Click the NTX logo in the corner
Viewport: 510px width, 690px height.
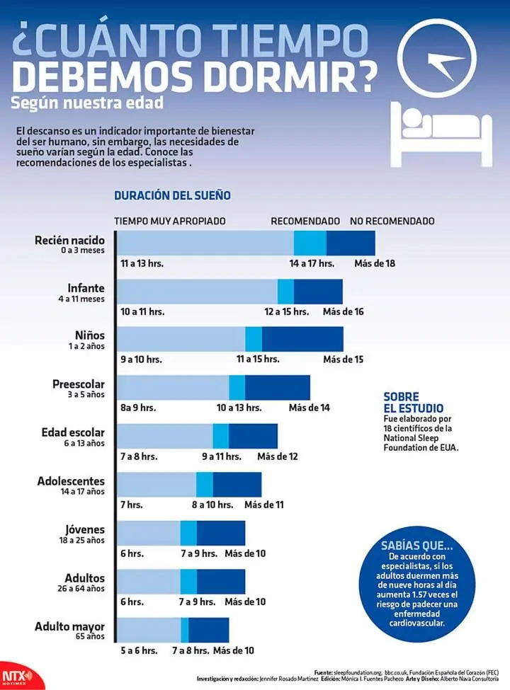pyautogui.click(x=11, y=677)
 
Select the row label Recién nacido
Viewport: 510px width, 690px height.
pyautogui.click(x=69, y=241)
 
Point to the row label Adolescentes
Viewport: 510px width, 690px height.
pyautogui.click(x=71, y=481)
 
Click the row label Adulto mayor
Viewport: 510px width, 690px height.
pyautogui.click(x=69, y=626)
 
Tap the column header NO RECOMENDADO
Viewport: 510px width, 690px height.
pyautogui.click(x=392, y=221)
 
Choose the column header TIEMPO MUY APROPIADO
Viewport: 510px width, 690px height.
pyautogui.click(x=170, y=221)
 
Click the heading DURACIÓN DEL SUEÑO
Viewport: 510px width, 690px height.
pyautogui.click(x=172, y=195)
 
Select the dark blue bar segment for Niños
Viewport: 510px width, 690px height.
pyautogui.click(x=302, y=340)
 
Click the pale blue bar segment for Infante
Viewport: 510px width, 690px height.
pyautogui.click(x=197, y=292)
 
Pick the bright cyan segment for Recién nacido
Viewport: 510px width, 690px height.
pyautogui.click(x=310, y=243)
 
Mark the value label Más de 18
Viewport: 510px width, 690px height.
pyautogui.click(x=375, y=263)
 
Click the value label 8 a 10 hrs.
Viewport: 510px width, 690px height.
pyautogui.click(x=212, y=505)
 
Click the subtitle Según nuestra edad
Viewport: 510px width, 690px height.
pyautogui.click(x=87, y=103)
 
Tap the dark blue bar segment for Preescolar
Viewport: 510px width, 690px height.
pyautogui.click(x=278, y=388)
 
